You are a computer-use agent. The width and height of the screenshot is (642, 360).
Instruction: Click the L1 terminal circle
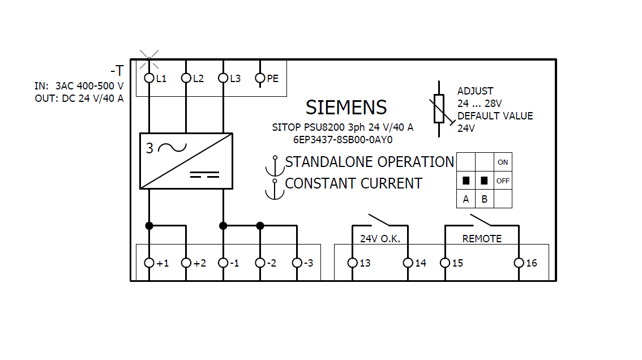pyautogui.click(x=149, y=78)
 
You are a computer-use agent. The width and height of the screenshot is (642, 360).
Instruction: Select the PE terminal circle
pyautogui.click(x=260, y=78)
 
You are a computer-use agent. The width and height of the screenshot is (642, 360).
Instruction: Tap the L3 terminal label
pyautogui.click(x=235, y=79)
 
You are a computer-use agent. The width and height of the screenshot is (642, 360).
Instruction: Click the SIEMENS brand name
pyautogui.click(x=346, y=108)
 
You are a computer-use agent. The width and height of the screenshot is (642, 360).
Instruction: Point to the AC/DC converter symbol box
pyautogui.click(x=186, y=161)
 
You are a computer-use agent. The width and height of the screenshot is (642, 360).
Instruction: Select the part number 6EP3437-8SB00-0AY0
pyautogui.click(x=343, y=139)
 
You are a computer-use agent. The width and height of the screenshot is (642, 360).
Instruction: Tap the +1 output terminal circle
pyautogui.click(x=149, y=263)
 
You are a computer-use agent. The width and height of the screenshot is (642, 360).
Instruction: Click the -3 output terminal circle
pyautogui.click(x=297, y=263)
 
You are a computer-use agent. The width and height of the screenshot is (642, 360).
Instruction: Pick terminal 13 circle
pyautogui.click(x=352, y=263)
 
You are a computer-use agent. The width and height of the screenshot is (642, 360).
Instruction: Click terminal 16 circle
pyautogui.click(x=519, y=263)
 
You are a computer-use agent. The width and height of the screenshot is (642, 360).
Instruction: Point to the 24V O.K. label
pyautogui.click(x=380, y=238)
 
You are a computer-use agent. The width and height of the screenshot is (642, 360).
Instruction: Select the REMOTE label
pyautogui.click(x=482, y=238)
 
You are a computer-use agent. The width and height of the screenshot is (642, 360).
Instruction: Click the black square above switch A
pyautogui.click(x=466, y=181)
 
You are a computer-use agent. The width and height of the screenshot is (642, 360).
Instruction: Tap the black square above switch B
pyautogui.click(x=484, y=181)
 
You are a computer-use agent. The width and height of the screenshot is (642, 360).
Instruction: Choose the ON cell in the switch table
pyautogui.click(x=503, y=162)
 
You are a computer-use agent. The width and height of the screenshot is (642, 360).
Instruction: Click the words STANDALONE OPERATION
pyautogui.click(x=369, y=162)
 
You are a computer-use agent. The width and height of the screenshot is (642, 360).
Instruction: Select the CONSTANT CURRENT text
pyautogui.click(x=353, y=183)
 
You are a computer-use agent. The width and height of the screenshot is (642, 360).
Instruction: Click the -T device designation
pyautogui.click(x=117, y=71)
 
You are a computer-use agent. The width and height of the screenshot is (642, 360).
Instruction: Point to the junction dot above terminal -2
pyautogui.click(x=260, y=225)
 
